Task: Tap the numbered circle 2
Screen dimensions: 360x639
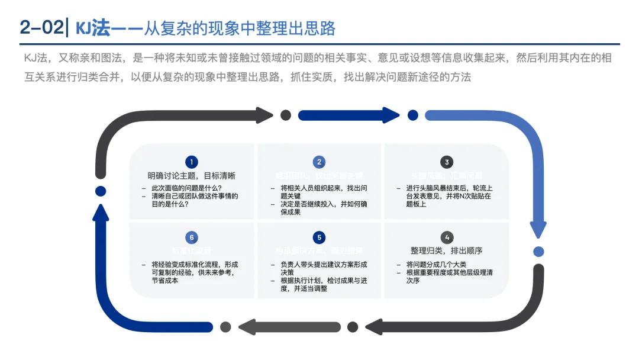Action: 319,162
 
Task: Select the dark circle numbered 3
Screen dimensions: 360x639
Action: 447,162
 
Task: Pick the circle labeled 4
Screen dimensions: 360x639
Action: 447,237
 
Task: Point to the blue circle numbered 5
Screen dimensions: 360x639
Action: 319,237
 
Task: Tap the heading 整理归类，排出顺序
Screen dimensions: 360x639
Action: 447,250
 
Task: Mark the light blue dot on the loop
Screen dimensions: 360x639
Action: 538,251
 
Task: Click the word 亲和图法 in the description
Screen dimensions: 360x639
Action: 96,58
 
